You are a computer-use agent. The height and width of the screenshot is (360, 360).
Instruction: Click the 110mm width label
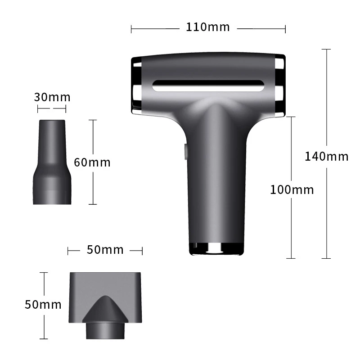(x=207, y=27)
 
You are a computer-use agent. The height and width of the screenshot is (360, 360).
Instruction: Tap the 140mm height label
(x=326, y=157)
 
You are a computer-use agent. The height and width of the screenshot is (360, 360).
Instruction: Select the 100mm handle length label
(x=292, y=190)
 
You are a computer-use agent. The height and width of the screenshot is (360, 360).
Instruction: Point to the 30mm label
(x=52, y=97)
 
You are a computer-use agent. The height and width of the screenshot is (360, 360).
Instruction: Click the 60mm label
(x=92, y=162)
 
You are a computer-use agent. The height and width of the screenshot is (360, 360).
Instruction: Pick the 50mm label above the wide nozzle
(x=105, y=250)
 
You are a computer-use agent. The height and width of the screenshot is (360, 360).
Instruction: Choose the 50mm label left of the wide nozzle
(x=43, y=305)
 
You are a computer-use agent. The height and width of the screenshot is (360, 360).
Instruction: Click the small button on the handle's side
(x=185, y=151)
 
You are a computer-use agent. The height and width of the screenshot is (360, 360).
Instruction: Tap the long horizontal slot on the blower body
(x=208, y=86)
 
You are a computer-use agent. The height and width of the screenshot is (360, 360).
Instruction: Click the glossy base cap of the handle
(x=216, y=249)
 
